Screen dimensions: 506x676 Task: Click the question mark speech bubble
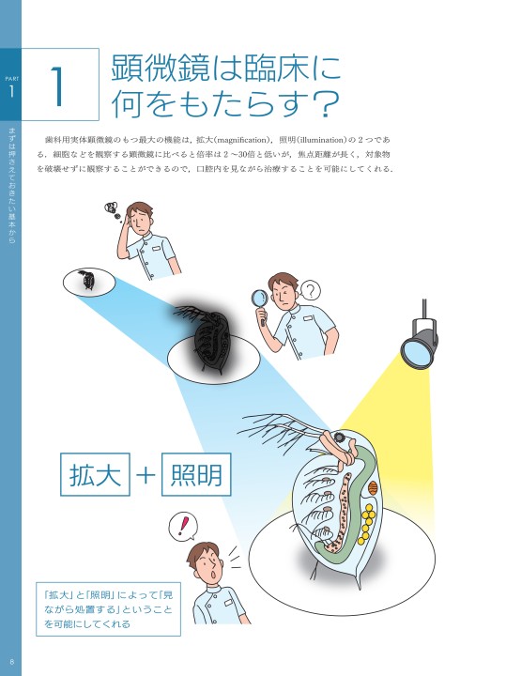pyautogui.click(x=310, y=290)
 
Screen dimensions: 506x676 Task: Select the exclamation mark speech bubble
pyautogui.click(x=183, y=526)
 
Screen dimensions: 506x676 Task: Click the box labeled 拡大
pyautogui.click(x=95, y=474)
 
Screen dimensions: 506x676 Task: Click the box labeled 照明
pyautogui.click(x=196, y=474)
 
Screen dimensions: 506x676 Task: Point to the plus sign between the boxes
pyautogui.click(x=146, y=475)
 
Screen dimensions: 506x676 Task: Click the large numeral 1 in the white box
pyautogui.click(x=58, y=85)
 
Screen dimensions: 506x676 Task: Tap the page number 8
pyautogui.click(x=11, y=662)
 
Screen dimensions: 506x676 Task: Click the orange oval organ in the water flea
pyautogui.click(x=374, y=488)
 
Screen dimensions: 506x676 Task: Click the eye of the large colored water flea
pyautogui.click(x=340, y=438)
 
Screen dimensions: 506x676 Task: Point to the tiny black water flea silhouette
pyautogui.click(x=87, y=281)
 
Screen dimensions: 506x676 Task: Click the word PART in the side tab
pyautogui.click(x=11, y=79)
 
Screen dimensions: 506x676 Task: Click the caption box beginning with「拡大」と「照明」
pyautogui.click(x=108, y=609)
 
